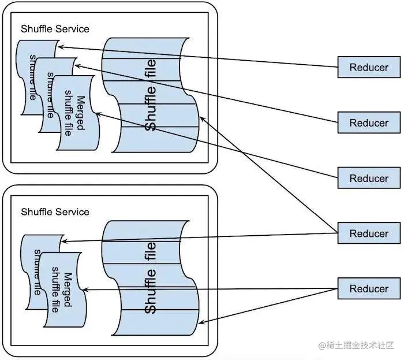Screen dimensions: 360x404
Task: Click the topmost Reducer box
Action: coord(369,67)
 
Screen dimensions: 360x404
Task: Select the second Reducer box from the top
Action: coord(369,123)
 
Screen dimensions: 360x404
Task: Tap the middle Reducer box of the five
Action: coord(369,178)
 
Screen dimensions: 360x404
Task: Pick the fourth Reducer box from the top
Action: coord(369,233)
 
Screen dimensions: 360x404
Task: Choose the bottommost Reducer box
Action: coord(369,289)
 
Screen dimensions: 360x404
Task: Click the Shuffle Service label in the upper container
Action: coord(55,29)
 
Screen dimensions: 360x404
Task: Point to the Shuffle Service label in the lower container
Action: coord(55,211)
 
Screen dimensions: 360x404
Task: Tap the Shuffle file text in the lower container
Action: coord(151,277)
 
